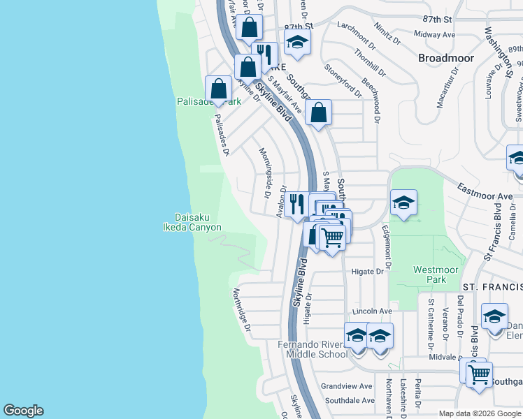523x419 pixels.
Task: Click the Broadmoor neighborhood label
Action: pyautogui.click(x=445, y=58)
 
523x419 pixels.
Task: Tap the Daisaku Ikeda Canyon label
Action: pyautogui.click(x=197, y=222)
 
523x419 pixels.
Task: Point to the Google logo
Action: pyautogui.click(x=23, y=411)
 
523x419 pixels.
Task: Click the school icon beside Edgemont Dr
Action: pyautogui.click(x=403, y=202)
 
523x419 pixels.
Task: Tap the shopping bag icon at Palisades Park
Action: pyautogui.click(x=219, y=89)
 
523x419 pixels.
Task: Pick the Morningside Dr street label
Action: pyautogui.click(x=264, y=172)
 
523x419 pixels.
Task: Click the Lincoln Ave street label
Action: pyautogui.click(x=372, y=311)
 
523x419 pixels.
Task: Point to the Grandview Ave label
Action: pyautogui.click(x=347, y=386)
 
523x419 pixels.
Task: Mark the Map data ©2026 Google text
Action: pyautogui.click(x=479, y=413)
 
